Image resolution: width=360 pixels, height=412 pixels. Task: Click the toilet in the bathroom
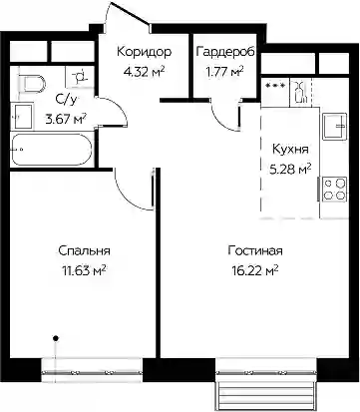coord(32,84)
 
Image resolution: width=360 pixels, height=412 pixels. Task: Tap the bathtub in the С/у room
coord(52,150)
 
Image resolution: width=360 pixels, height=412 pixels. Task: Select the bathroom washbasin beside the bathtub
coord(23,116)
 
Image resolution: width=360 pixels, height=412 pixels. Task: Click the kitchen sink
coord(334,126)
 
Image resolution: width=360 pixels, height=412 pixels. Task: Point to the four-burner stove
coord(334,189)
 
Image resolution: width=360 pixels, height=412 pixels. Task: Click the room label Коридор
coord(145,52)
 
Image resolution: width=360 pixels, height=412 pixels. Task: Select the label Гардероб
coord(225,52)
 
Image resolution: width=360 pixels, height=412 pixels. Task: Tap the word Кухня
coord(290,150)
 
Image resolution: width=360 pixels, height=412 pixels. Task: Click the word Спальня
coord(84,250)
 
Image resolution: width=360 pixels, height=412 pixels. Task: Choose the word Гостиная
coord(255,250)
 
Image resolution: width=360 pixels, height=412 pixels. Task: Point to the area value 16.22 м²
coord(255,271)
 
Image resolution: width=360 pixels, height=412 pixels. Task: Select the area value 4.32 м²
coord(144,72)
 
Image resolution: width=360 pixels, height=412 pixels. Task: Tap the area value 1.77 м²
coord(225,72)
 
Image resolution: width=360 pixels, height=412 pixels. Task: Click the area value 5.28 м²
coord(290,170)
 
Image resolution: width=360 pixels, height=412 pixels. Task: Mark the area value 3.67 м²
coord(66,119)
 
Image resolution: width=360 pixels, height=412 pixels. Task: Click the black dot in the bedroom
coord(56,338)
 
